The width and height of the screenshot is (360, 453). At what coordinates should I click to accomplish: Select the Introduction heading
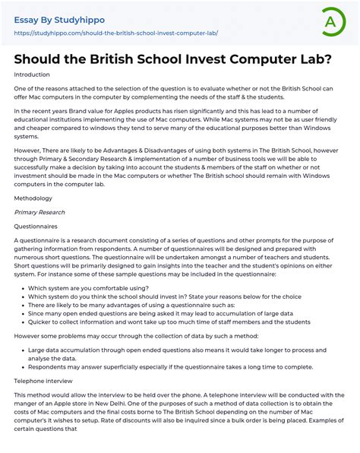pos(32,74)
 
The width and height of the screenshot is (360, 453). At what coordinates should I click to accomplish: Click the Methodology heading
pos(33,197)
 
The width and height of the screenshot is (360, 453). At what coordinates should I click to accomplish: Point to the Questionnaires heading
pos(36,226)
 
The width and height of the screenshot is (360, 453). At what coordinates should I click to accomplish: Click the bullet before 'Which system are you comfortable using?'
pos(20,289)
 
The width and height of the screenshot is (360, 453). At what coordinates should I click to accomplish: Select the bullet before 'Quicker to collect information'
pos(20,322)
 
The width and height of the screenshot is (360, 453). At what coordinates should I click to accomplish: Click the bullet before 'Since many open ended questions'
pos(20,313)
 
